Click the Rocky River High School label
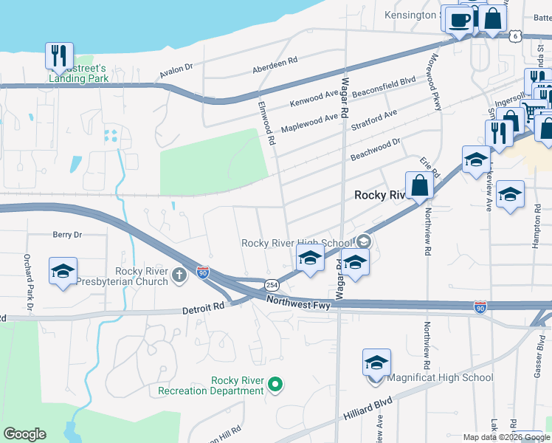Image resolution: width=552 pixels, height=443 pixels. (x=297, y=243)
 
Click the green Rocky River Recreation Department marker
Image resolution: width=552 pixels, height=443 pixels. (x=275, y=383)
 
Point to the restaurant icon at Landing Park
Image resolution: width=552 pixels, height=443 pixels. (x=58, y=55)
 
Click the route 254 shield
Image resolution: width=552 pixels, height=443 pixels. (x=272, y=285)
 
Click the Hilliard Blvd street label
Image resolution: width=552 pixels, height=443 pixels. (x=368, y=411)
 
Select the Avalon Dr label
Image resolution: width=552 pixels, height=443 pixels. (x=176, y=71)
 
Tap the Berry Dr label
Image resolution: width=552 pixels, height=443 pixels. (x=67, y=235)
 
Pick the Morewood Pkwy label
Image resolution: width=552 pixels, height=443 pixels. (x=435, y=81)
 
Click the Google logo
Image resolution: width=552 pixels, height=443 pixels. (x=24, y=434)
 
